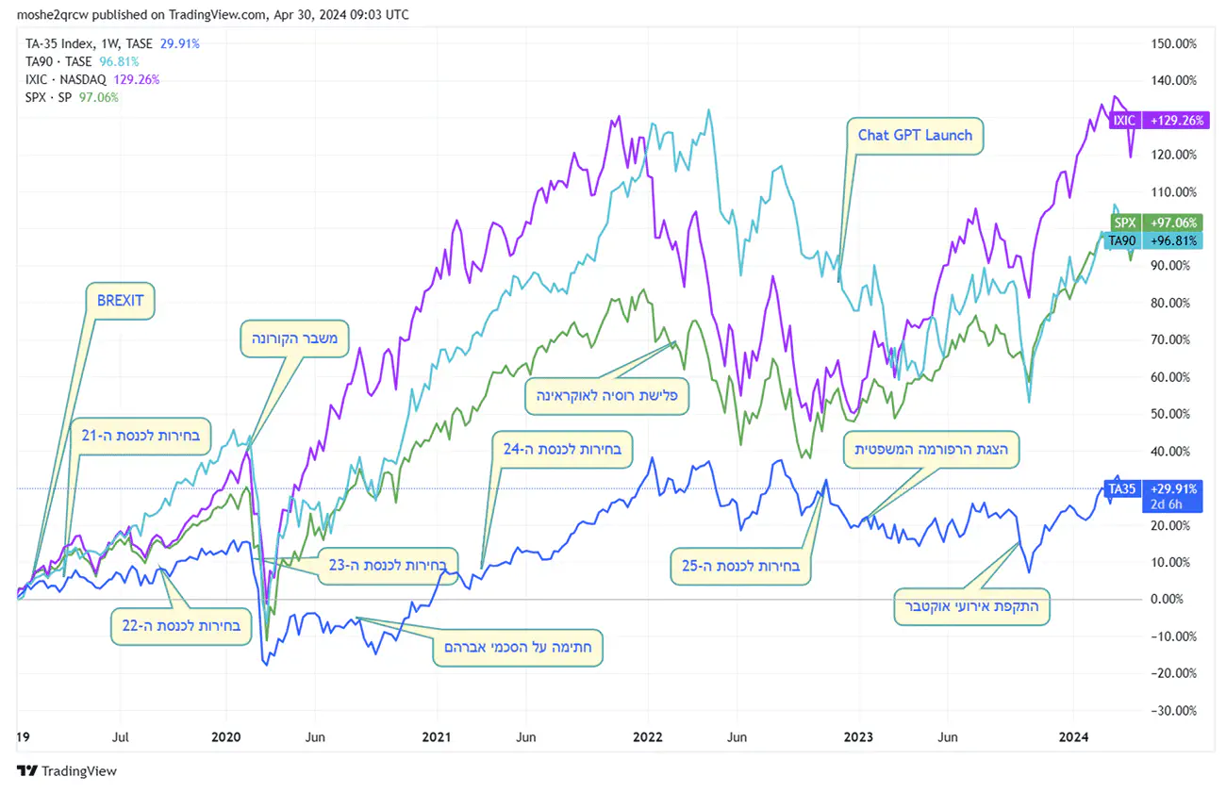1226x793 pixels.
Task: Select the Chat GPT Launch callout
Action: tap(914, 135)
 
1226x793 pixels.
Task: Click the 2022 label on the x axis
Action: tap(648, 736)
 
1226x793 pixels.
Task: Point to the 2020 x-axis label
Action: tap(226, 736)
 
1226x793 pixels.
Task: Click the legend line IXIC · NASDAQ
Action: tap(66, 79)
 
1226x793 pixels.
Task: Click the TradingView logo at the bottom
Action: tap(67, 771)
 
